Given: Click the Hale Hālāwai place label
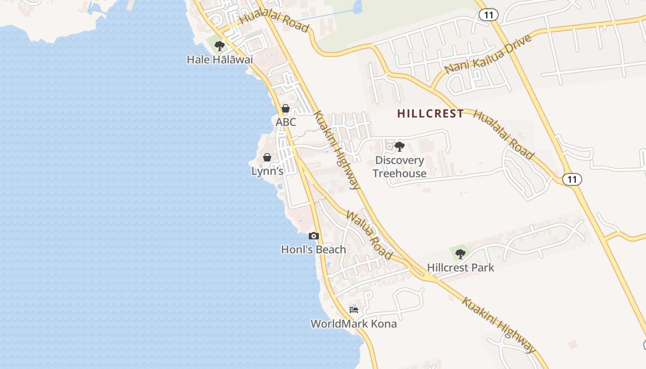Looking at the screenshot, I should tap(220, 60).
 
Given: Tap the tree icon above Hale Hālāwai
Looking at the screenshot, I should tap(220, 46).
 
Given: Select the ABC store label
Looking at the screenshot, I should tap(286, 122).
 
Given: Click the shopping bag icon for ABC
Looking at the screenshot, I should tap(286, 108).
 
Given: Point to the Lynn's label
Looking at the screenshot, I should tap(267, 171).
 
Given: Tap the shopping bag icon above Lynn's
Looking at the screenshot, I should tap(267, 157).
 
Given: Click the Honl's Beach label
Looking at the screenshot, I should tap(313, 250).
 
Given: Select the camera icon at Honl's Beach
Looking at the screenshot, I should tap(314, 236).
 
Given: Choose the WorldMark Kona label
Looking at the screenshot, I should tap(353, 323).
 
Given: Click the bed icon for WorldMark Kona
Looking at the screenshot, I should tap(354, 309).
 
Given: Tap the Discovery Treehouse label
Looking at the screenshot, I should tap(400, 167).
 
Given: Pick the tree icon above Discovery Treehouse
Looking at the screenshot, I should tap(400, 147).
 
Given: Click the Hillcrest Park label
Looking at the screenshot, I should tap(460, 268).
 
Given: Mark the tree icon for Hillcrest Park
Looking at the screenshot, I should tap(460, 254).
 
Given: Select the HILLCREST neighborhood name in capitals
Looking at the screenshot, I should tap(431, 113).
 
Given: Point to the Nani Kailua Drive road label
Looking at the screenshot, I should tap(488, 54).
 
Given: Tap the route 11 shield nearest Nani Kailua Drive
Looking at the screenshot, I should tap(488, 15).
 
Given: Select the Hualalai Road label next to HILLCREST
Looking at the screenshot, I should tap(503, 135).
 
